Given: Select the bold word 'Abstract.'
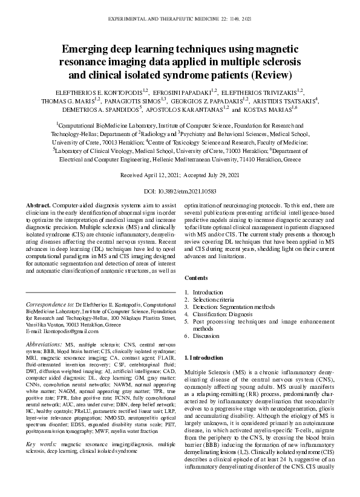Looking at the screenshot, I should [39, 206].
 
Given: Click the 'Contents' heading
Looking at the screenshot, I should [195, 278].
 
